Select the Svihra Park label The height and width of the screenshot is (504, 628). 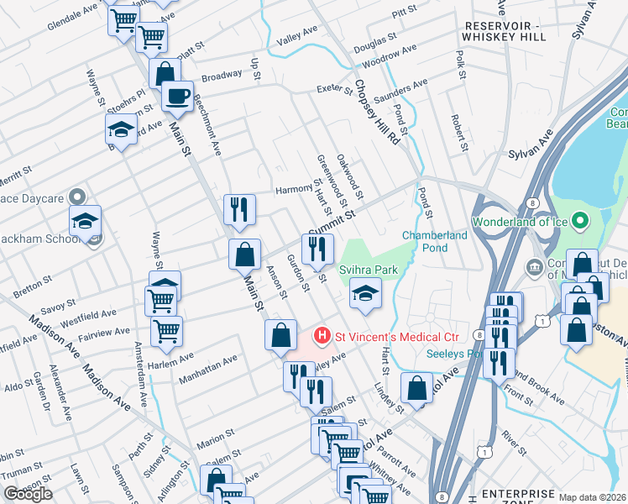click(368, 269)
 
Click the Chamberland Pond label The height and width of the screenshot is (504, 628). click(434, 241)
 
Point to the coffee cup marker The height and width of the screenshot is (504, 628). click(177, 96)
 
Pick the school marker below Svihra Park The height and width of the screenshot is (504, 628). click(365, 293)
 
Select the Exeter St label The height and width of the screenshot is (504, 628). click(333, 89)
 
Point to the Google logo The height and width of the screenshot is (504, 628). click(28, 494)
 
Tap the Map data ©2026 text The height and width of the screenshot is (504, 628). click(593, 497)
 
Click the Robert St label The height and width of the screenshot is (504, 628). click(458, 134)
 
